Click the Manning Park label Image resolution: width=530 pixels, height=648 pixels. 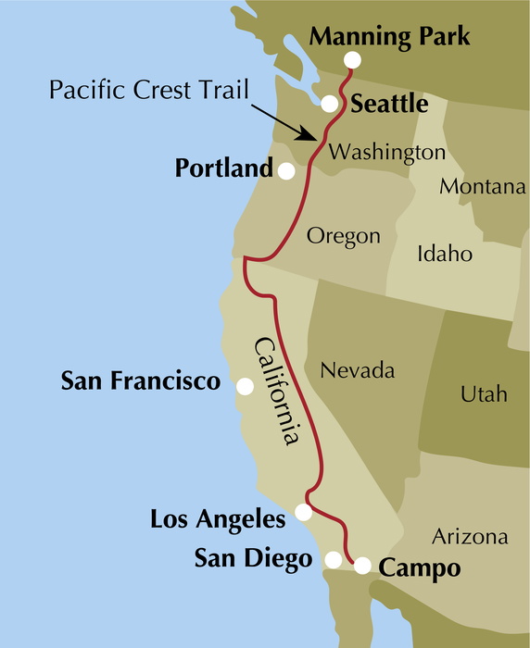tap(389, 37)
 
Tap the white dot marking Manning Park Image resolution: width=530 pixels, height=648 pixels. tap(352, 61)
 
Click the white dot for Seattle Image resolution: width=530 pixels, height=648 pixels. tap(329, 104)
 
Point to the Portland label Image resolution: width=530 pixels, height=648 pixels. tap(224, 169)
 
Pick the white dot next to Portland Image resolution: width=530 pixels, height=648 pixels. tap(286, 171)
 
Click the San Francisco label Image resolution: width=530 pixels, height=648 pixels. tap(141, 380)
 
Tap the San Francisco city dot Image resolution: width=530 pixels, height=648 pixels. tap(245, 387)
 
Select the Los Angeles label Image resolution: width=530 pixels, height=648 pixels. tap(219, 519)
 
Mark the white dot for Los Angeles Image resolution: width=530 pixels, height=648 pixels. tap(303, 512)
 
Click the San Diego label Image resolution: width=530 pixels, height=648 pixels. tap(253, 558)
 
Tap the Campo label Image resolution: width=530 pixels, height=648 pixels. tap(421, 567)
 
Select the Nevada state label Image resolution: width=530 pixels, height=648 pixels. tap(357, 371)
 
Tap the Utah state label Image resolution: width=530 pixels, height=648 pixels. tap(484, 394)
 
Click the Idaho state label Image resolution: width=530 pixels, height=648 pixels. tap(445, 254)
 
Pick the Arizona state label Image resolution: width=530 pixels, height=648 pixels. tap(471, 537)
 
